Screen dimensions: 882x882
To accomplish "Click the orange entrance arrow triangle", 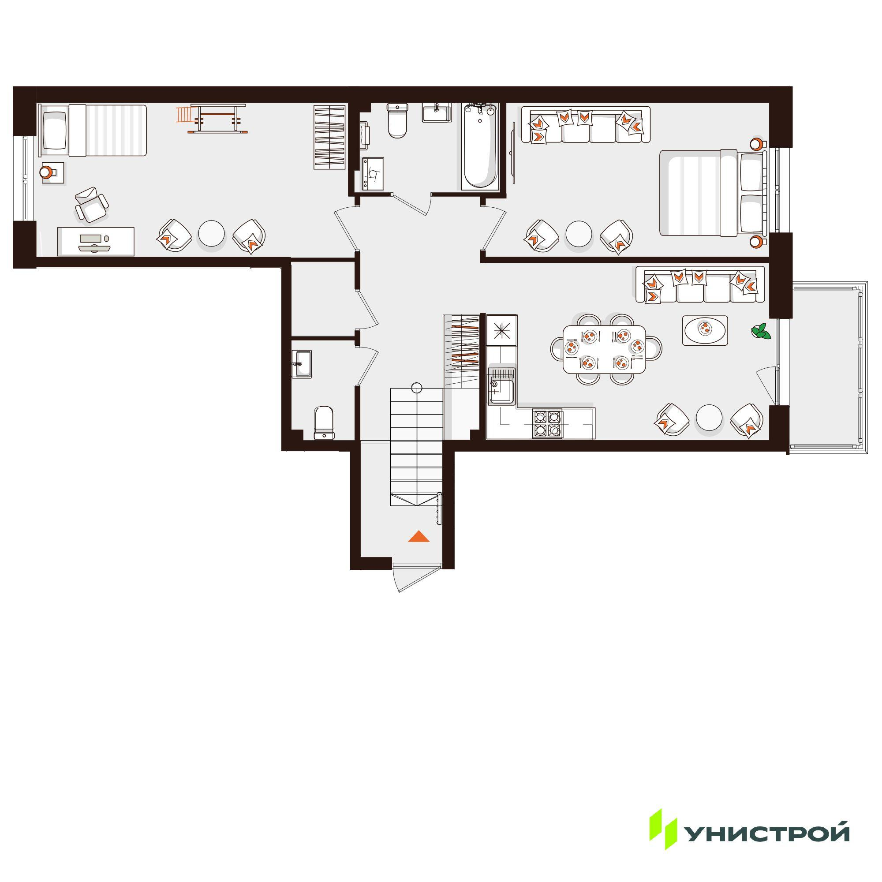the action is [419, 536].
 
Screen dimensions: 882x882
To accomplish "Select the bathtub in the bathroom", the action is [478, 146].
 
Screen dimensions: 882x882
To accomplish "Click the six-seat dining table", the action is [605, 349].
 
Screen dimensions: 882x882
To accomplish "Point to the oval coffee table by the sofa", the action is [705, 330].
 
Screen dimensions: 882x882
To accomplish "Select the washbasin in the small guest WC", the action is [301, 364].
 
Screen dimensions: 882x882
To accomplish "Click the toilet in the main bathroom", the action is [397, 120].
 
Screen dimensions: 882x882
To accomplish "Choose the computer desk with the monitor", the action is [96, 241].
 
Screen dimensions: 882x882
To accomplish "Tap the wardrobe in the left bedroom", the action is [329, 137].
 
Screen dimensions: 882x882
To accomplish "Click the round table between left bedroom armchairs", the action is [211, 234].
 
